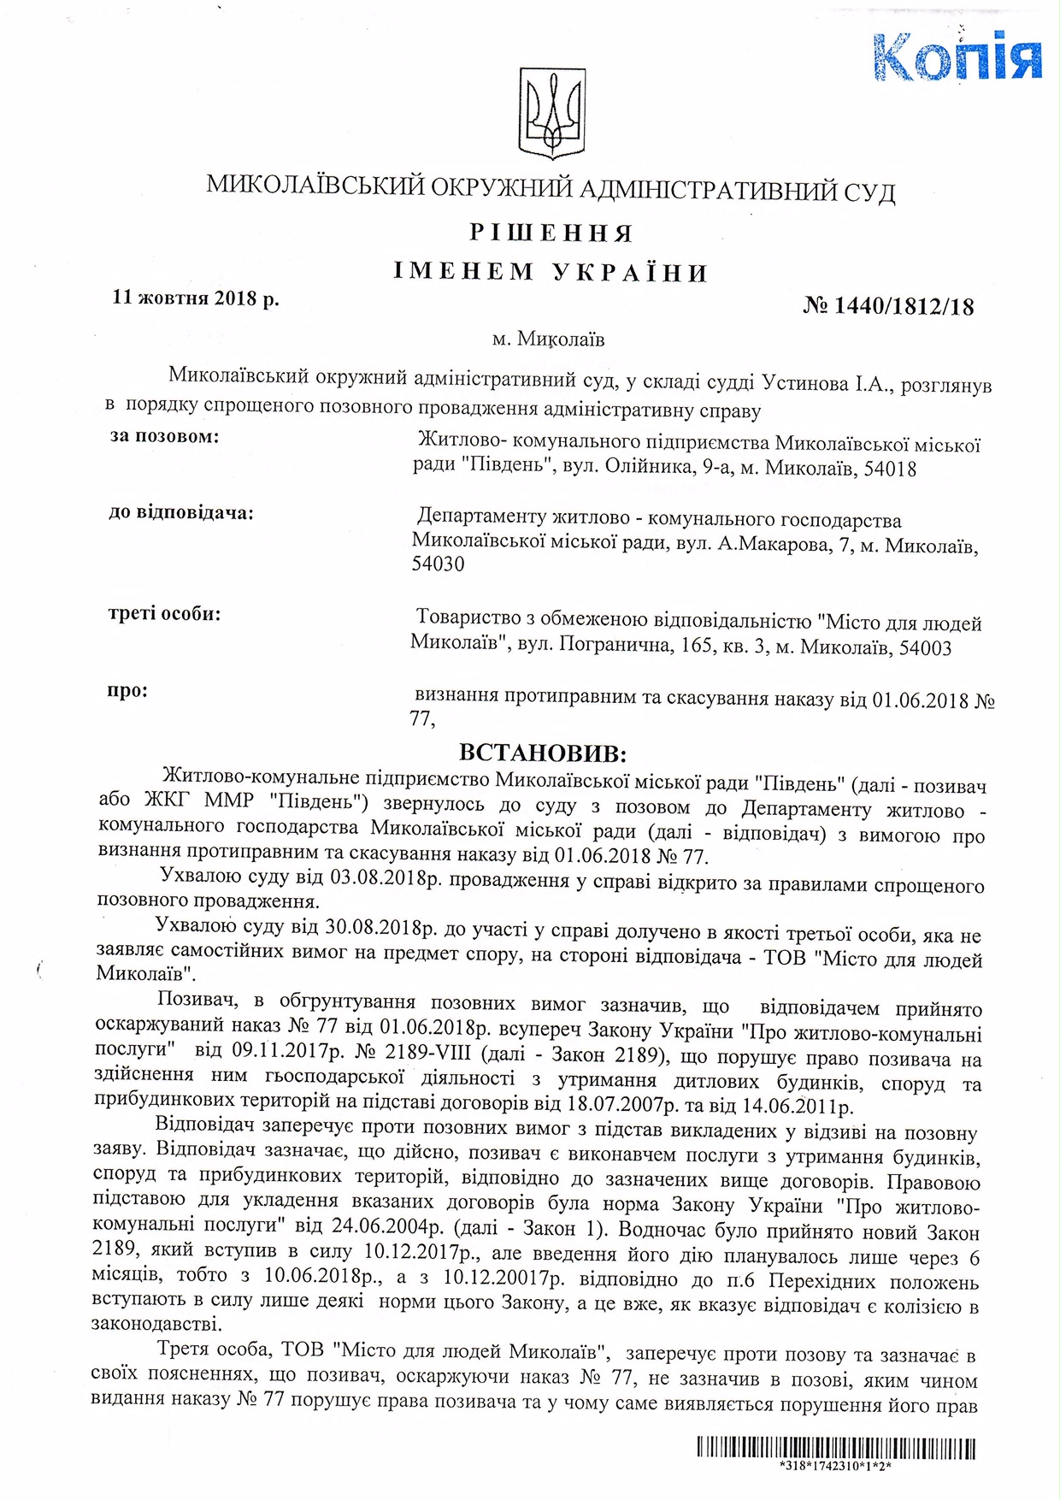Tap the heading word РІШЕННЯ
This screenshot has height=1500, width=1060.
pyautogui.click(x=551, y=233)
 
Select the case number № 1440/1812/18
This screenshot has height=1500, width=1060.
pyautogui.click(x=889, y=306)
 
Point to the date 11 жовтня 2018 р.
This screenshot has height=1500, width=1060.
pyautogui.click(x=196, y=298)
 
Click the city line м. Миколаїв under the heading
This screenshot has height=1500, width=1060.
pyautogui.click(x=548, y=340)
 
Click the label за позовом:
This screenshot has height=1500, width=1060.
pyautogui.click(x=164, y=437)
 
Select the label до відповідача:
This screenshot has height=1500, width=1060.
pyautogui.click(x=181, y=513)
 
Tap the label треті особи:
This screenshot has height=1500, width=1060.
pyautogui.click(x=165, y=614)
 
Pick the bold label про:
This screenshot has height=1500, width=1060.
pyautogui.click(x=127, y=690)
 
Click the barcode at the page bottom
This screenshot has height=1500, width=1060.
pyautogui.click(x=836, y=1448)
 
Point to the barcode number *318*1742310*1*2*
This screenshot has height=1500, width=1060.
pyautogui.click(x=836, y=1465)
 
